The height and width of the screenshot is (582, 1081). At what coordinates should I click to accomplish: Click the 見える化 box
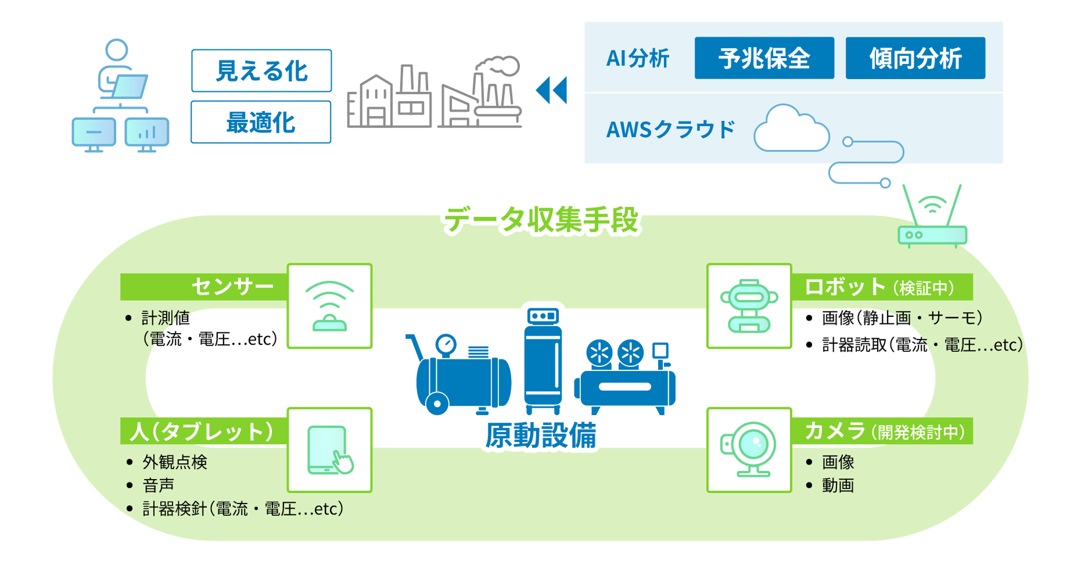pos(261,71)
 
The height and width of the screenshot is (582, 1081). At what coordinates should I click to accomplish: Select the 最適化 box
pos(261,122)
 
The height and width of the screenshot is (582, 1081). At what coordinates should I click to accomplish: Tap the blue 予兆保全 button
pos(764,58)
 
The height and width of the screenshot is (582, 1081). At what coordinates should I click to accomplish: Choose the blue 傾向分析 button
pos(915,58)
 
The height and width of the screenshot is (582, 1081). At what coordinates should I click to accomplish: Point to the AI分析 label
pos(637,58)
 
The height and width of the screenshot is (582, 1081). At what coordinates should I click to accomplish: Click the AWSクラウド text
pos(670,129)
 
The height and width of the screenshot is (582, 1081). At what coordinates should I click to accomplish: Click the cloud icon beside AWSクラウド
pos(791,130)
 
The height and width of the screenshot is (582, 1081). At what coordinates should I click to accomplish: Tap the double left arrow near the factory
pos(551,91)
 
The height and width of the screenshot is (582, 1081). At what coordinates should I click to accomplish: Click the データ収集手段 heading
pos(540,220)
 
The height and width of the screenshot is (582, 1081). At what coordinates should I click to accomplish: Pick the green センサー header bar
pos(204,287)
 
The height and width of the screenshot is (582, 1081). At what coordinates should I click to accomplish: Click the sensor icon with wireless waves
pos(329,306)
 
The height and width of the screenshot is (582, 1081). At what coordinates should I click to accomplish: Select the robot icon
pos(749,306)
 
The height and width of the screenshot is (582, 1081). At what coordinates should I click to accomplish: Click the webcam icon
pos(749,449)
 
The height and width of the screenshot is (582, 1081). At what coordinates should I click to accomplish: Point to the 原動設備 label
pos(540,435)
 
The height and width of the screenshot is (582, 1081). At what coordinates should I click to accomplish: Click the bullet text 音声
pos(159,485)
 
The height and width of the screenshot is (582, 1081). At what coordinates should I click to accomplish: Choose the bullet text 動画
pos(838,485)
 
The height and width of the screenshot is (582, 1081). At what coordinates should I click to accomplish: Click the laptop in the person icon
pos(130,87)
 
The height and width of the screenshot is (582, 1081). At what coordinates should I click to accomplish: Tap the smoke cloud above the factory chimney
pos(498,66)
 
